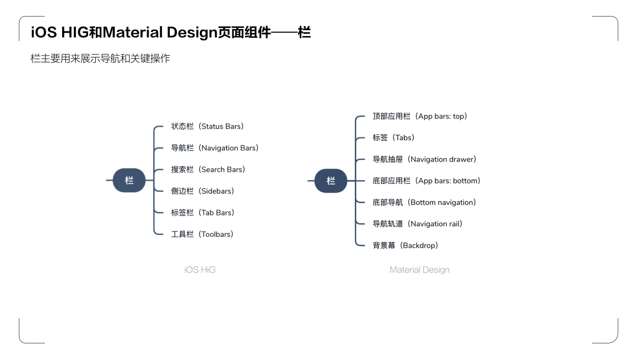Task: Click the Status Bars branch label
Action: tap(207, 126)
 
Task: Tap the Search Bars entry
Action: tap(208, 169)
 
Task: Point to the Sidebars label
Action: tap(202, 191)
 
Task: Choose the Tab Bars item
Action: tap(202, 213)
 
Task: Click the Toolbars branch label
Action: tap(202, 234)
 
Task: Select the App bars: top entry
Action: tap(420, 116)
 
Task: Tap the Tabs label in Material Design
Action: tap(393, 138)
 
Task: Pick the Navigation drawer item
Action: tap(424, 159)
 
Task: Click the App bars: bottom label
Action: tap(427, 181)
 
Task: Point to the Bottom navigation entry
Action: tap(424, 202)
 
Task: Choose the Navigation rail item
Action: tap(418, 224)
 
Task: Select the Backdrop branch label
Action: tap(405, 245)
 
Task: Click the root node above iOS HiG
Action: tap(129, 181)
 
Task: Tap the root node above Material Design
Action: tap(331, 181)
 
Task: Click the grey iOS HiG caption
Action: tap(200, 270)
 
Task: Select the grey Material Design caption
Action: tap(419, 270)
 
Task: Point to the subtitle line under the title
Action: tap(100, 59)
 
